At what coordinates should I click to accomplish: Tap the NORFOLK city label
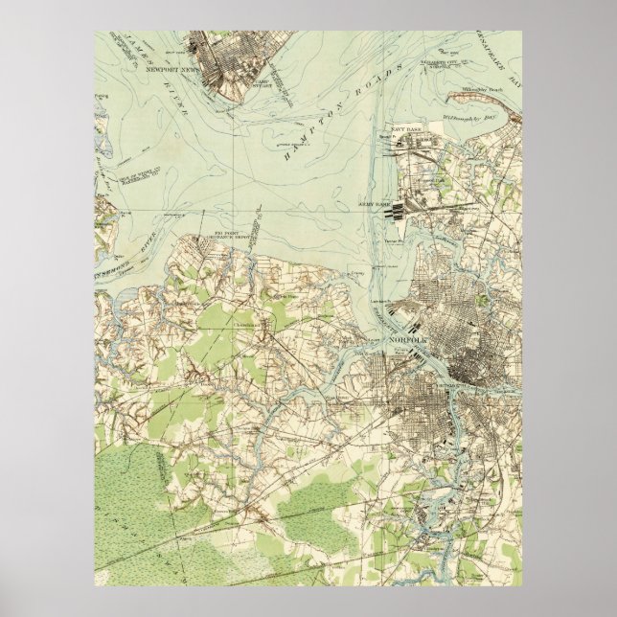[x=407, y=341]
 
